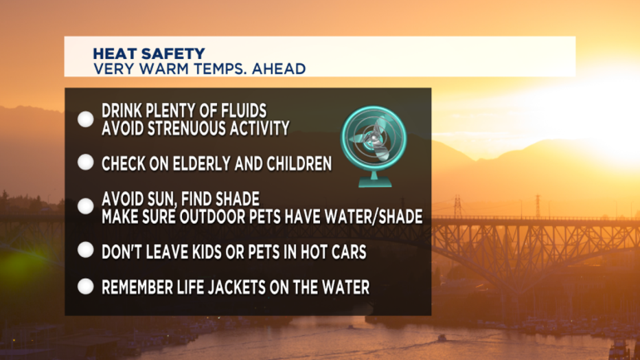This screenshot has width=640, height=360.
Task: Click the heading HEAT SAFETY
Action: (x=149, y=54)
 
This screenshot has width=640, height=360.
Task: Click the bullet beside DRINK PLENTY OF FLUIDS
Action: (x=86, y=119)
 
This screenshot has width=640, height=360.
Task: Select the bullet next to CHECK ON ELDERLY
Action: (x=86, y=162)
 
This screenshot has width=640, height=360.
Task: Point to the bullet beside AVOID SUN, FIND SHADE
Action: (x=86, y=206)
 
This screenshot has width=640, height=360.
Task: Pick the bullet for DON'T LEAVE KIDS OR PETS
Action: (x=86, y=250)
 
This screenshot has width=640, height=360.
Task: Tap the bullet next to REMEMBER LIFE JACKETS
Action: (x=86, y=286)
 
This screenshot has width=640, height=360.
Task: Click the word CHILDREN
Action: (x=299, y=164)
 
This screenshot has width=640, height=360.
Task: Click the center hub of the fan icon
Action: (x=372, y=139)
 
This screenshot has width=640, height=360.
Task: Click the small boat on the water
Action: (x=442, y=338)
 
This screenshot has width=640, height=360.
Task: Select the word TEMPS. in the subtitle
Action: (x=220, y=69)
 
